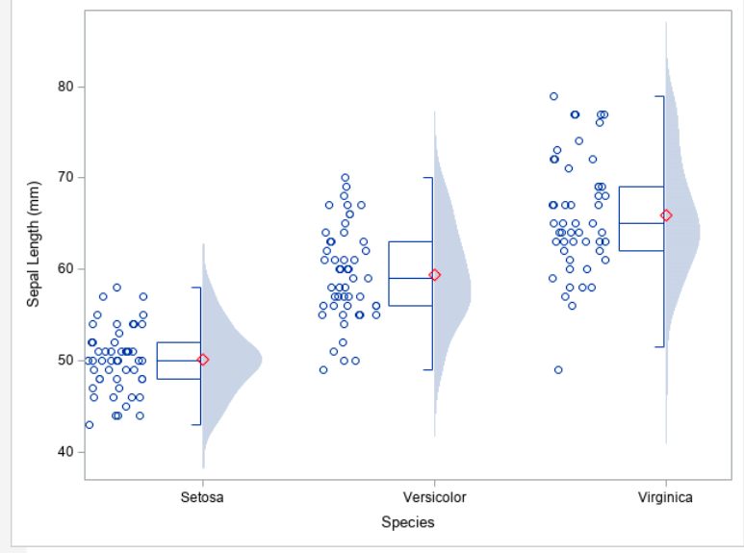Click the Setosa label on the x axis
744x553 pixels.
pos(202,497)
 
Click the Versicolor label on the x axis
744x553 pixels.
pos(434,497)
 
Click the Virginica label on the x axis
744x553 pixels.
pos(665,497)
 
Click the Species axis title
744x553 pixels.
pos(407,522)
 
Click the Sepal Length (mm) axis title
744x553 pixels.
pos(34,243)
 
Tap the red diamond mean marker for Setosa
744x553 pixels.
pos(202,360)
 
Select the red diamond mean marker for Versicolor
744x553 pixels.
pos(434,275)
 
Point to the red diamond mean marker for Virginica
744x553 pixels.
pos(666,215)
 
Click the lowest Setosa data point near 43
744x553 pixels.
pos(90,424)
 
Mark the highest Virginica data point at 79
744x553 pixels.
pos(553,96)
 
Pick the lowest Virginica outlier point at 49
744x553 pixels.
pos(558,369)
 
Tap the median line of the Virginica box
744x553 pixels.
pos(641,223)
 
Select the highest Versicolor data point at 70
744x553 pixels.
pos(346,178)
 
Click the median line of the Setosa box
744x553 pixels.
pos(178,360)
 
